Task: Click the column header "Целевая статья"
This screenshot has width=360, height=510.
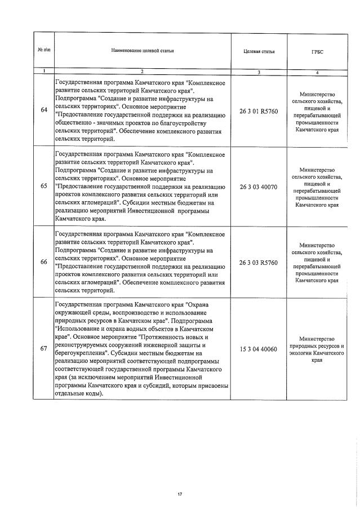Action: (259, 51)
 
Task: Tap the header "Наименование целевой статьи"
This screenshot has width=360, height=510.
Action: (142, 51)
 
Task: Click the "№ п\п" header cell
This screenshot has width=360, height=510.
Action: (43, 51)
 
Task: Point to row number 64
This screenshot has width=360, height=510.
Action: (44, 110)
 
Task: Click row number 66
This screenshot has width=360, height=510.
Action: (44, 261)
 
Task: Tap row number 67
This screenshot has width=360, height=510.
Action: (44, 349)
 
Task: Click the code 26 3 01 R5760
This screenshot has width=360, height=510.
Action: (259, 110)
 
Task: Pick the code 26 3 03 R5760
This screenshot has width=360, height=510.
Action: (259, 262)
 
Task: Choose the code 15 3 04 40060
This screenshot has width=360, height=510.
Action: (259, 349)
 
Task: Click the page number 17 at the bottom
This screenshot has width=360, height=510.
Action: (180, 478)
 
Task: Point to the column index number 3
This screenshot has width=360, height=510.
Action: (259, 72)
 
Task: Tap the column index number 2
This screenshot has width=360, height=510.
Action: (142, 72)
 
